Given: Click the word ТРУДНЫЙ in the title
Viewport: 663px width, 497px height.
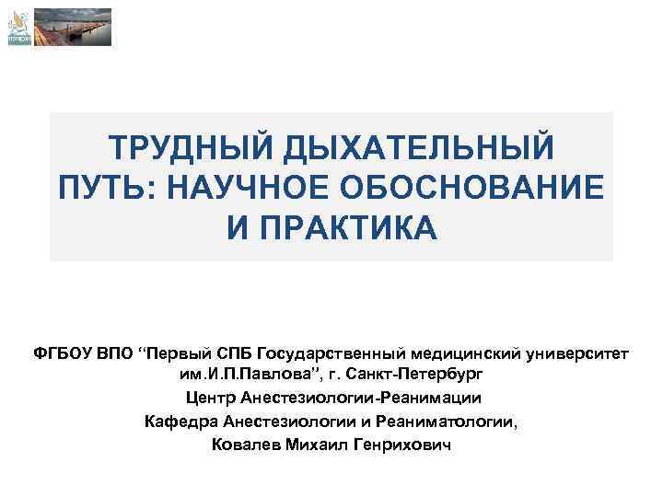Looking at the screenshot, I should click(x=187, y=147).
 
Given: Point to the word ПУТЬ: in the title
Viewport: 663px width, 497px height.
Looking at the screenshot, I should click(x=105, y=187).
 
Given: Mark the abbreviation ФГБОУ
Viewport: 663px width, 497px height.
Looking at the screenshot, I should click(x=63, y=355).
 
